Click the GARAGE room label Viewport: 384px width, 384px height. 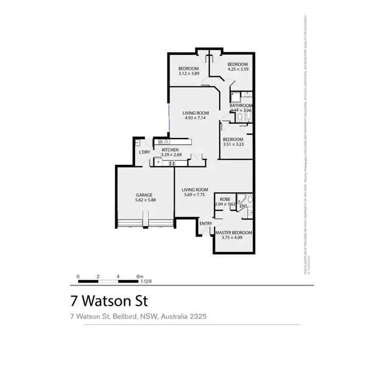click(144, 195)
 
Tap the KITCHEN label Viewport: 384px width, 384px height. click(169, 150)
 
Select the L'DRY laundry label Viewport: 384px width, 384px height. click(144, 152)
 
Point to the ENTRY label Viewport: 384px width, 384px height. click(206, 223)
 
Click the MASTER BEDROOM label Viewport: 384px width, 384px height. click(233, 232)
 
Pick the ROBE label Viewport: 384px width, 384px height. click(224, 199)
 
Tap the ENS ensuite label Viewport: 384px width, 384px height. click(243, 206)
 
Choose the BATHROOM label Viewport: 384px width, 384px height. click(241, 105)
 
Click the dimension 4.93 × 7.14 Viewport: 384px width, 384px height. click(196, 118)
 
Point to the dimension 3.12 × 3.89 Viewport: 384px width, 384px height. click(188, 74)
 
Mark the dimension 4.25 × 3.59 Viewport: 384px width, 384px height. click(238, 69)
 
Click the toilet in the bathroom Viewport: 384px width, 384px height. click(240, 118)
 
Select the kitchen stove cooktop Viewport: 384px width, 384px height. click(172, 163)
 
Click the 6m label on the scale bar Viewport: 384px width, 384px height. click(140, 276)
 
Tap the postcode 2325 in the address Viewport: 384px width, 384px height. click(197, 316)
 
